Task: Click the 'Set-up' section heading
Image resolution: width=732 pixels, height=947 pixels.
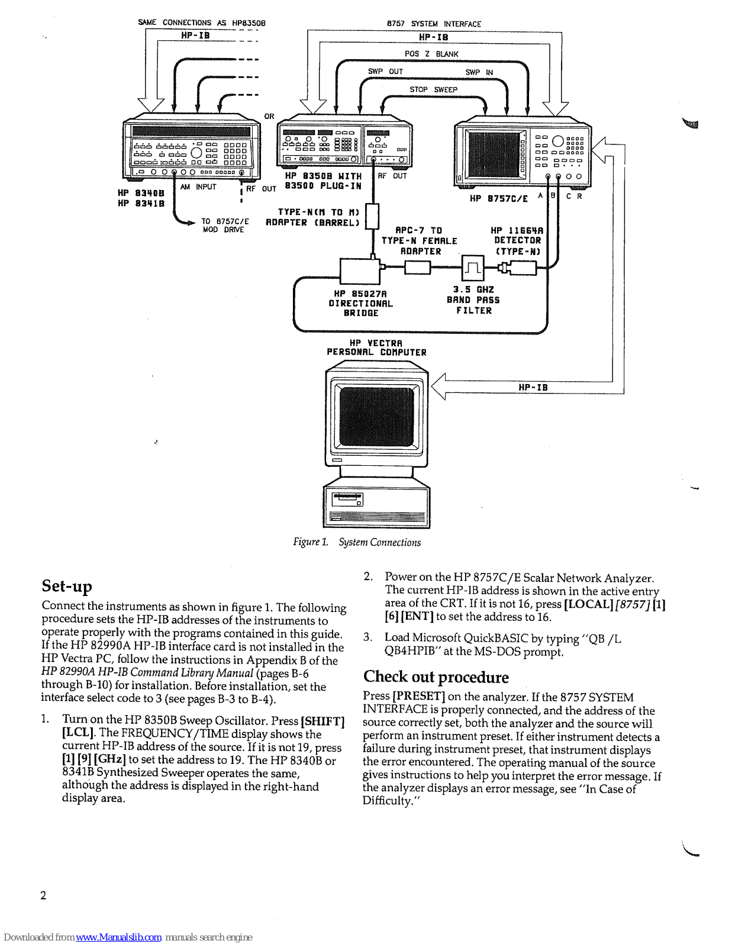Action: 67,586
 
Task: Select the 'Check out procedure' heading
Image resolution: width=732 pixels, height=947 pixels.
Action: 436,677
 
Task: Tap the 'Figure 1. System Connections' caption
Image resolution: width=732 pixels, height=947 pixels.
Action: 357,542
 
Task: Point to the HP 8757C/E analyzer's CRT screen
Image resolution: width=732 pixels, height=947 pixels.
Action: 492,154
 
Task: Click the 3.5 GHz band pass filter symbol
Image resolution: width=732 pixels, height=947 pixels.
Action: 472,268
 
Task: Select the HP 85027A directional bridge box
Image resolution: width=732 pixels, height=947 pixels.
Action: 359,271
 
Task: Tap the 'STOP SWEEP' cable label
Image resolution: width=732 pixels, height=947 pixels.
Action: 433,89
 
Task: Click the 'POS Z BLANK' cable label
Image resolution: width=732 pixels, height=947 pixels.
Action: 431,54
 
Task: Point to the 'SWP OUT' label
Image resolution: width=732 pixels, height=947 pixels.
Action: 385,72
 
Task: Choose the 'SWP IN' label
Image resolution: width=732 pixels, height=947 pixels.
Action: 479,72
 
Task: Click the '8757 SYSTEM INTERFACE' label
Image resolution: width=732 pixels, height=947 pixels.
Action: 434,24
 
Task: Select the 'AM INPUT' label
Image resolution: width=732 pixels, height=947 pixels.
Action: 198,187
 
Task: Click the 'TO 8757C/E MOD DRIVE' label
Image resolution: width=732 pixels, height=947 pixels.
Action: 225,226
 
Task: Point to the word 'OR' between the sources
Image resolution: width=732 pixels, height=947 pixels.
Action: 269,116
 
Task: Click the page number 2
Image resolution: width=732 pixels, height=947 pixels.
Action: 43,895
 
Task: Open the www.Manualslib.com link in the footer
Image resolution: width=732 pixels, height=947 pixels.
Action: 118,937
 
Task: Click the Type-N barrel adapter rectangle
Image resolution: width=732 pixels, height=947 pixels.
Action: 372,216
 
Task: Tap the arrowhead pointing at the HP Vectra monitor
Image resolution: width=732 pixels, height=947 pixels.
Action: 438,387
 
